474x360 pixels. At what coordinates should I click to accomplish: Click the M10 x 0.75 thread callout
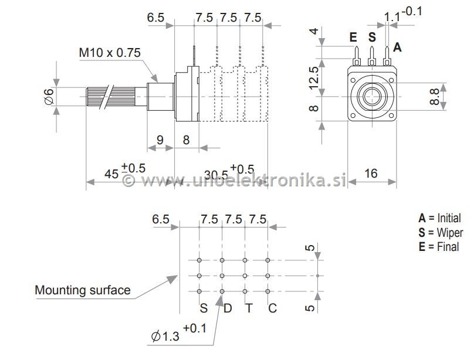click(110, 53)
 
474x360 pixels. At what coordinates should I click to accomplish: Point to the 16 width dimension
click(371, 173)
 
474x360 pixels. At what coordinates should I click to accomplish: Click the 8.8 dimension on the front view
click(435, 94)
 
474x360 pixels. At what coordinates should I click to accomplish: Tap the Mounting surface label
click(82, 290)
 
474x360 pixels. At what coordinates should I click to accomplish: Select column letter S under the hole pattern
click(204, 308)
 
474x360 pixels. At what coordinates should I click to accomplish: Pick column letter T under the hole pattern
click(249, 308)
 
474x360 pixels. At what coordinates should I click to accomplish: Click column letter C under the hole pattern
click(272, 308)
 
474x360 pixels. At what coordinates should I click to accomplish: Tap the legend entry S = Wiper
click(440, 232)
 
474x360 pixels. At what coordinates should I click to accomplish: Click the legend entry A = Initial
click(439, 218)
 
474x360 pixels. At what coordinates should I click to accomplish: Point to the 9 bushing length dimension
click(159, 140)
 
